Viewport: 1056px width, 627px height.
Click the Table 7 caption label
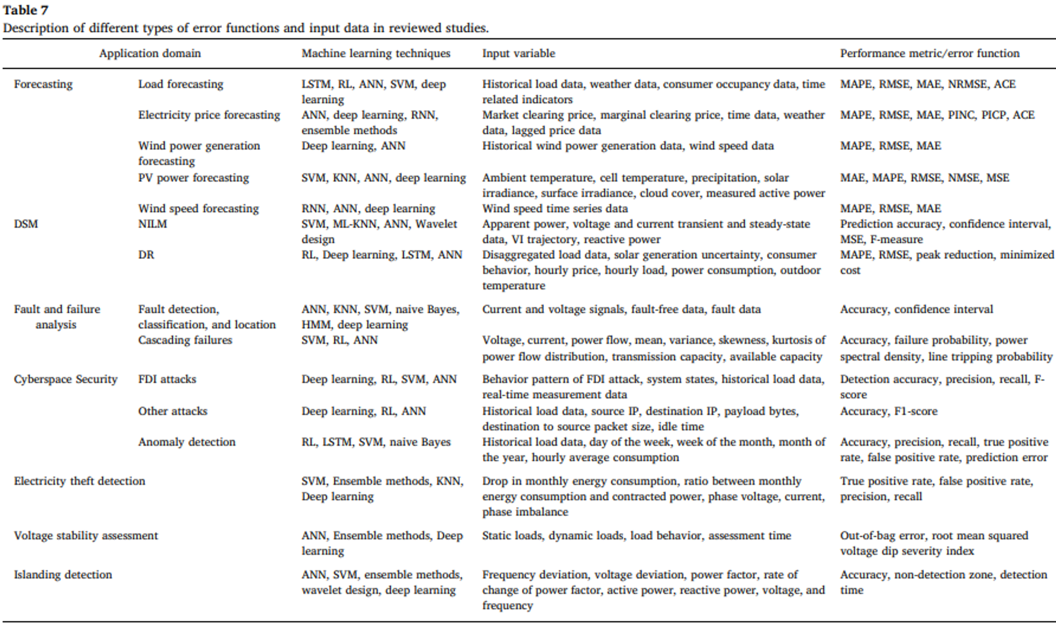tap(25, 10)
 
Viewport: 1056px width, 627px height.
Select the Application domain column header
tap(150, 53)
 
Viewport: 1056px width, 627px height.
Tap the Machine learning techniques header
tap(376, 53)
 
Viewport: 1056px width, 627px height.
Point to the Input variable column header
tap(519, 53)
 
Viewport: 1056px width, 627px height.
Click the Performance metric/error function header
tap(930, 53)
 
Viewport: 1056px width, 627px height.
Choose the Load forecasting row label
tap(180, 84)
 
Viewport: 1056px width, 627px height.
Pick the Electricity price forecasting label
tap(209, 115)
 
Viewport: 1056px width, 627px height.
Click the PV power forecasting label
tap(193, 178)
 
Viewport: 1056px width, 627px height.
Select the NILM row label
tap(152, 224)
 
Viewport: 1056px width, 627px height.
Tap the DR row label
tap(146, 255)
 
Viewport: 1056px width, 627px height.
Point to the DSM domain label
tap(26, 224)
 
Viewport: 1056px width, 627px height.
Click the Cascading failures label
tap(185, 340)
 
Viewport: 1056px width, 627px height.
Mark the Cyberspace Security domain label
tap(65, 379)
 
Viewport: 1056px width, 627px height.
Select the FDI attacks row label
tap(167, 379)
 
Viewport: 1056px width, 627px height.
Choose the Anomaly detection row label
tap(186, 442)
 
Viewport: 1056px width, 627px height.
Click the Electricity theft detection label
tap(79, 481)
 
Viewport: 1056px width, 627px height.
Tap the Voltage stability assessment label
tap(86, 536)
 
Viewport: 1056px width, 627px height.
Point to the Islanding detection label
tap(63, 575)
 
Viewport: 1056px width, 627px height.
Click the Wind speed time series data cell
tap(555, 209)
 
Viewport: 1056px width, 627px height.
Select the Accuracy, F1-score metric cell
tap(888, 411)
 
